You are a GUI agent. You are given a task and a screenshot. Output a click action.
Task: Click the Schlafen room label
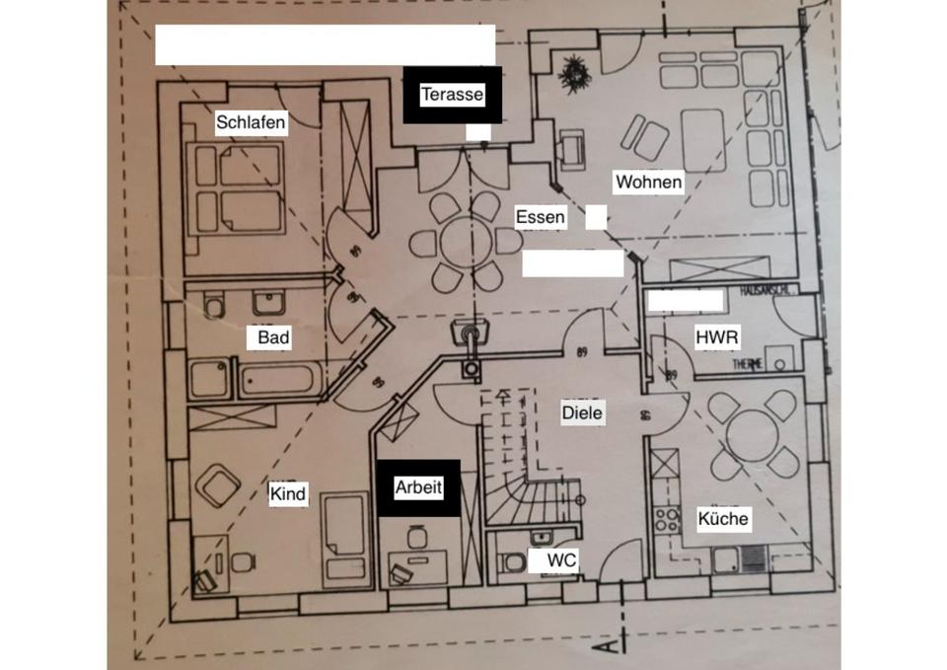[x=252, y=123]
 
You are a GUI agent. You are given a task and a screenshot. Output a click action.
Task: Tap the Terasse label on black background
[x=452, y=95]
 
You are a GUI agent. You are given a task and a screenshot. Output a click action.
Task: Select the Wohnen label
[x=648, y=183]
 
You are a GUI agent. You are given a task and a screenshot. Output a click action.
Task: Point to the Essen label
[x=541, y=217]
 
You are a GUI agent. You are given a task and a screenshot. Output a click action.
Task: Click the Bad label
[x=273, y=338]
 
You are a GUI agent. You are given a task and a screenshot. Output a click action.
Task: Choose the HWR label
[x=717, y=337]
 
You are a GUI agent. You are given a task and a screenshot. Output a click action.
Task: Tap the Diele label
[x=582, y=412]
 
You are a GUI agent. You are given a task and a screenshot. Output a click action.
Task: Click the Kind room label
[x=288, y=494]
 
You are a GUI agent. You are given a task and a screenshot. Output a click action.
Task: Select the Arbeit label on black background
[x=418, y=487]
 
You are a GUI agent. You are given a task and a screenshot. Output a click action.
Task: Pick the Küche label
[x=723, y=519]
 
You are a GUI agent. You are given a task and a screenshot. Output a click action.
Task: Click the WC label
[x=562, y=560]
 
